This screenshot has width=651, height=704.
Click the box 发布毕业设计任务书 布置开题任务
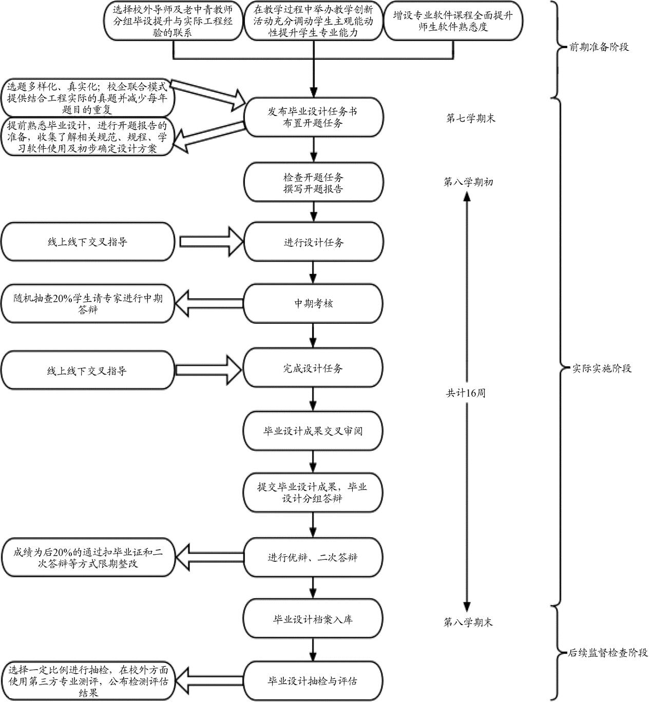[313, 118]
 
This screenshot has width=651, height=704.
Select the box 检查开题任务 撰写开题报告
[313, 183]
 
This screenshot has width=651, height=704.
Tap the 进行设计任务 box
[313, 243]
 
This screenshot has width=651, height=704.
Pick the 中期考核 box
[313, 304]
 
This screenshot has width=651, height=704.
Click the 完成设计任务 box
[313, 368]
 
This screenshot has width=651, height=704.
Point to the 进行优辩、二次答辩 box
[313, 558]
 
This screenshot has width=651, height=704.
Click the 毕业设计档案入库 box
[313, 619]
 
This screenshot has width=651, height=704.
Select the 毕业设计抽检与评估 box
[313, 681]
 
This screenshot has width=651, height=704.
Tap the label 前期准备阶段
[599, 47]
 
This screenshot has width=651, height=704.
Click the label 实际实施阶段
[602, 368]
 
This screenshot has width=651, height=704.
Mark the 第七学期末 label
[471, 119]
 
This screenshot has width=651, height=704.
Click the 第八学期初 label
[468, 182]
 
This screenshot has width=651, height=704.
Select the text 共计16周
[466, 394]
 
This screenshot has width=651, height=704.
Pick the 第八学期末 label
[468, 622]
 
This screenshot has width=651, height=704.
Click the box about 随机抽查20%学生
[88, 304]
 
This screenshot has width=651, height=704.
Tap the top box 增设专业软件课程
[453, 22]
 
